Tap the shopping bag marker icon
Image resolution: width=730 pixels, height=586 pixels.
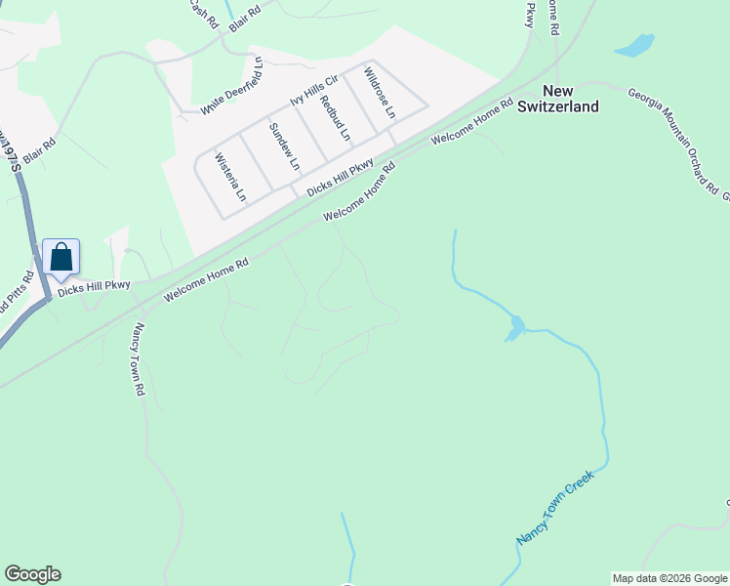[61, 258]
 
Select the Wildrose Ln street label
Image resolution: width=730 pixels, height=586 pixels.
[380, 93]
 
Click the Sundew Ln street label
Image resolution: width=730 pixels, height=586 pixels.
[285, 146]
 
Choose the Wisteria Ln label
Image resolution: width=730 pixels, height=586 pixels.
[230, 177]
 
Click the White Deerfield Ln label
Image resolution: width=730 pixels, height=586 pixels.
[233, 86]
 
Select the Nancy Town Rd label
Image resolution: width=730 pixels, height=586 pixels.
[139, 359]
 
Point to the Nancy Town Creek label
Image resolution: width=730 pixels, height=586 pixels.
[554, 507]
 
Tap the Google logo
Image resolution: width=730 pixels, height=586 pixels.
[32, 574]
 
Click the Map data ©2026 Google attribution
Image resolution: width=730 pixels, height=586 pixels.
[669, 578]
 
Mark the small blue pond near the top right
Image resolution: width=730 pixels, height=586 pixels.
[634, 45]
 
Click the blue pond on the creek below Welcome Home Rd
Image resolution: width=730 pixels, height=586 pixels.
[513, 328]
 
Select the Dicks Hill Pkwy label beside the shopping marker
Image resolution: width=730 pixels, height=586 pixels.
[94, 287]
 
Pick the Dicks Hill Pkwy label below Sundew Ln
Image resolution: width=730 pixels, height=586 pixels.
[340, 178]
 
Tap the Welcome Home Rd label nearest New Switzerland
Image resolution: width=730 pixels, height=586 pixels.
[472, 122]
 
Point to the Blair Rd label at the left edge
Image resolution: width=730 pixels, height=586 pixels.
[40, 149]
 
